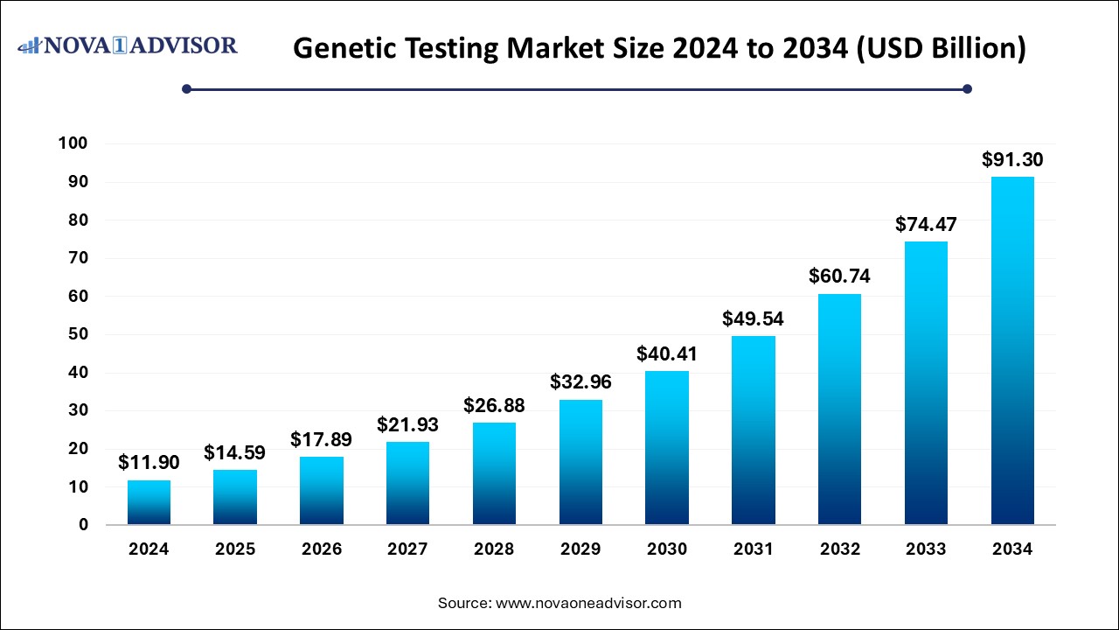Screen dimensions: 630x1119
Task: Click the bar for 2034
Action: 1012,351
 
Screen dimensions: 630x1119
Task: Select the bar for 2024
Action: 149,502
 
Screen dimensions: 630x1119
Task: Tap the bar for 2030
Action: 667,448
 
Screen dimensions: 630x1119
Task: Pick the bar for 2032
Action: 839,409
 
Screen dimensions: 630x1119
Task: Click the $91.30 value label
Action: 1012,160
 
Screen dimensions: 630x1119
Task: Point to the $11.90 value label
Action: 149,463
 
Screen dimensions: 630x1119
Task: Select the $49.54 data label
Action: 753,318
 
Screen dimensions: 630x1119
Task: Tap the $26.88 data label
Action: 494,405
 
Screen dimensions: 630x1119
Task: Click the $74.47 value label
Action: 926,224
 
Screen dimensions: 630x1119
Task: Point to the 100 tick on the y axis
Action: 73,143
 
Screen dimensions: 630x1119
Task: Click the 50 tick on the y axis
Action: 78,334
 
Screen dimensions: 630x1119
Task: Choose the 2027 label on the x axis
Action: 407,549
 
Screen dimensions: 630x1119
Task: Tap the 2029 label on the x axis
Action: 580,549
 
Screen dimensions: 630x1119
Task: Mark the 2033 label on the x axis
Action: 926,549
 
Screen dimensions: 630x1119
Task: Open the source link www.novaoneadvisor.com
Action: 588,603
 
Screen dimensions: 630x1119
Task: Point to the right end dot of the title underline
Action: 967,88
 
